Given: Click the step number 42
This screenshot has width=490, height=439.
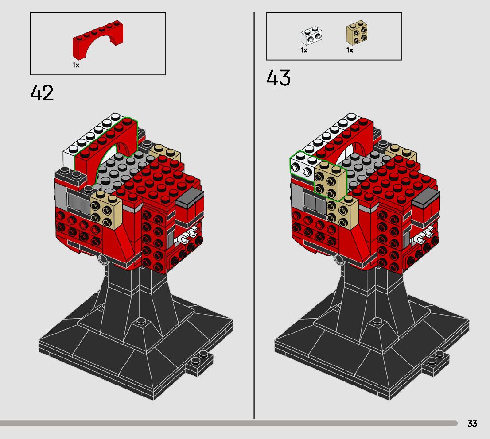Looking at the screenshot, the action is point(42,93).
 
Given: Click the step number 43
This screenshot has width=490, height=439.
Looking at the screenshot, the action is point(278,78).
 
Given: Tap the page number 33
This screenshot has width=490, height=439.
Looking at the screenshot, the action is point(472,424).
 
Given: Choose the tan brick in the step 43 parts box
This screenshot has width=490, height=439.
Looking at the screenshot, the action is point(357,32).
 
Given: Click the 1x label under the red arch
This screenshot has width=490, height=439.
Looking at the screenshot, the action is point(76,65).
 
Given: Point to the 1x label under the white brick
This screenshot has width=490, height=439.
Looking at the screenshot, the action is point(304,50).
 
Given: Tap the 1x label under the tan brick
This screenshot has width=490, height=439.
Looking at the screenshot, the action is point(350,50).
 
